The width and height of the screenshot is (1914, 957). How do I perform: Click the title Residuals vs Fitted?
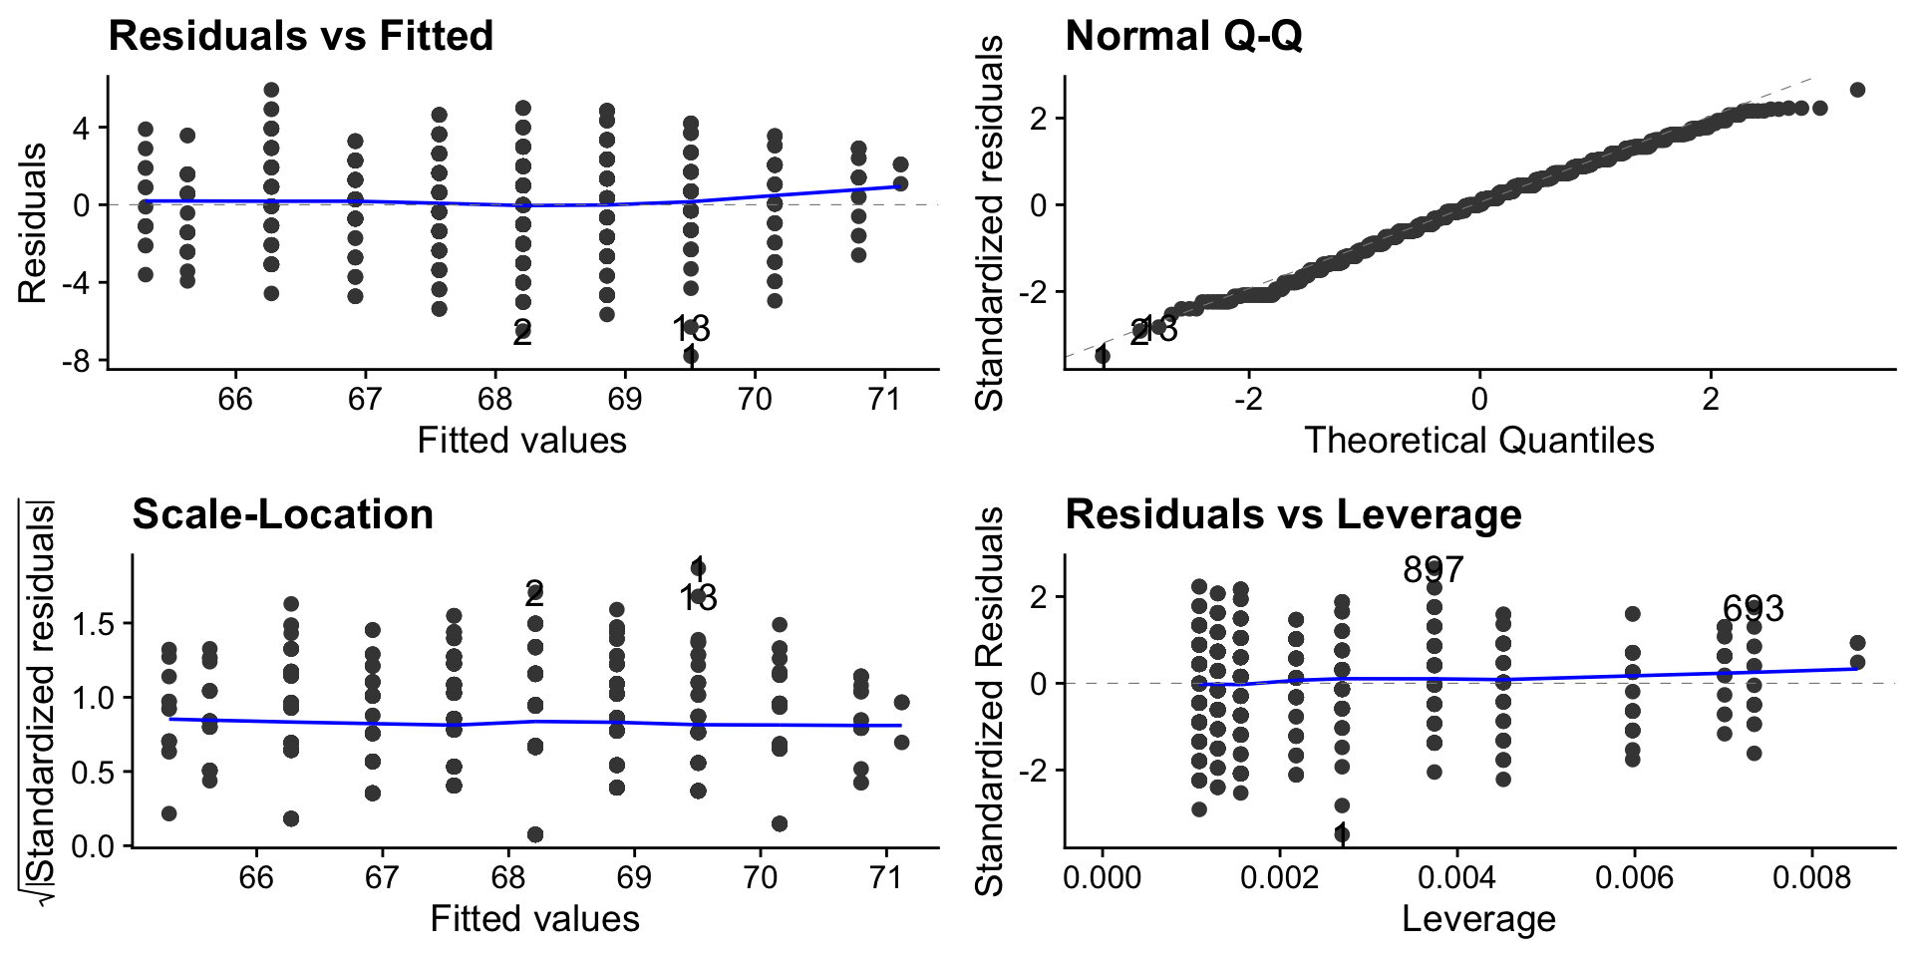[300, 36]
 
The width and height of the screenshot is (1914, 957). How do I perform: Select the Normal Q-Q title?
[1183, 36]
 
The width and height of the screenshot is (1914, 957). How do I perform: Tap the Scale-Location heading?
[282, 514]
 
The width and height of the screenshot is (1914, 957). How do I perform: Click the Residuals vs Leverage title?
[1293, 514]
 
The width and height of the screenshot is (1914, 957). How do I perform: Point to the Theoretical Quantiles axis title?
[1479, 440]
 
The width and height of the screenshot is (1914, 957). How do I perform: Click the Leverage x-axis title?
[1479, 918]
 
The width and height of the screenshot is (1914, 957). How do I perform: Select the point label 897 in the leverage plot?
[1433, 570]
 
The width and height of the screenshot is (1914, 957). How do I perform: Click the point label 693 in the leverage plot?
[1754, 609]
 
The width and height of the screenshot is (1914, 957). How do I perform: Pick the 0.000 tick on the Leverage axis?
[1103, 878]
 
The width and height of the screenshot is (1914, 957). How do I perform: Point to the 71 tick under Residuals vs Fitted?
[884, 400]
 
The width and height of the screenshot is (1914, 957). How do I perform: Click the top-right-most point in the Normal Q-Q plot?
[1857, 90]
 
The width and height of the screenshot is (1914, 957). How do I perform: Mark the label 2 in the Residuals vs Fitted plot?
[522, 334]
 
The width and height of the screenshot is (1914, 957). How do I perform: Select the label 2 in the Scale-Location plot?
[534, 594]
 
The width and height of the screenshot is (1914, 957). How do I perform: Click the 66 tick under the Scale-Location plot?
[256, 878]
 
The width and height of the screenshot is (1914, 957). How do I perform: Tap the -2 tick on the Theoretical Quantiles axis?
[1248, 400]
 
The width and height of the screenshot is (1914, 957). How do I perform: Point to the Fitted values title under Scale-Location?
[534, 918]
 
